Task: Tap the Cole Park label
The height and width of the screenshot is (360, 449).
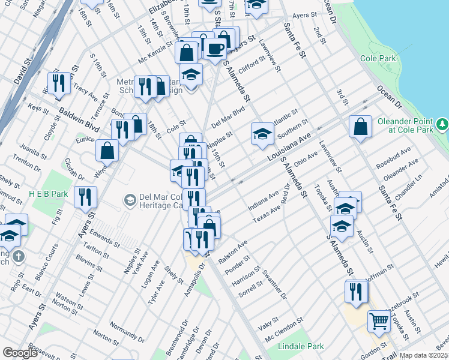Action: pyautogui.click(x=378, y=59)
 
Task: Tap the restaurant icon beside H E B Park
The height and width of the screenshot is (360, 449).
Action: pyautogui.click(x=85, y=196)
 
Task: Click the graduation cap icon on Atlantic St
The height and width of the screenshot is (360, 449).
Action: pyautogui.click(x=262, y=133)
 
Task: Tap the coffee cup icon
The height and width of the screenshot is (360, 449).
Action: pyautogui.click(x=216, y=47)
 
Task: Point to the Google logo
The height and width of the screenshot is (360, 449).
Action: pyautogui.click(x=20, y=353)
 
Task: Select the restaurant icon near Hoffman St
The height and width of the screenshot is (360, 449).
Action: pyautogui.click(x=356, y=291)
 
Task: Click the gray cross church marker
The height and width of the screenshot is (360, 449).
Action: pyautogui.click(x=19, y=257)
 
